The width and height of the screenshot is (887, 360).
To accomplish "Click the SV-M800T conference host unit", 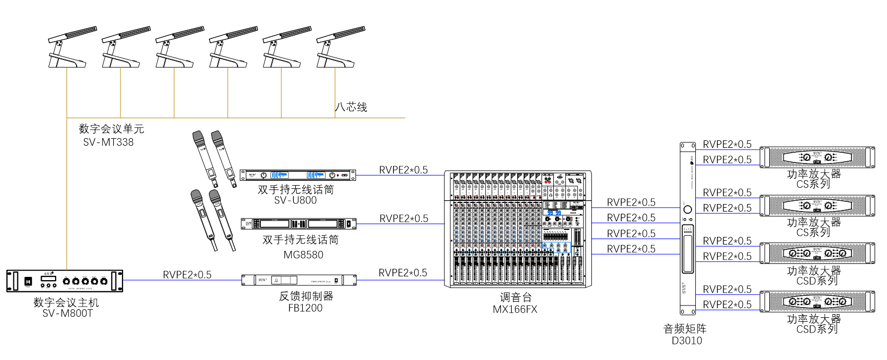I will click(x=65, y=281).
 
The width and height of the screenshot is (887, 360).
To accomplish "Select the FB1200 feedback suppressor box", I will click(x=299, y=280).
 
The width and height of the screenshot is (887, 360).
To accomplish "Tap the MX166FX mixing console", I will click(x=518, y=229).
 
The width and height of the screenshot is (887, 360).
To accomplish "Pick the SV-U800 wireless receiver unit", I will click(x=297, y=175).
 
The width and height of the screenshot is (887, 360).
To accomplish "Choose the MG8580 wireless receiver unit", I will click(x=298, y=223).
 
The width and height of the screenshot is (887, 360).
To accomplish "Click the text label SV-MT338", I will click(x=109, y=142).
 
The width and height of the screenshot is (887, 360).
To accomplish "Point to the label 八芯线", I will click(x=351, y=107).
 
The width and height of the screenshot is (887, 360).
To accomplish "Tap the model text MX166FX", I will click(x=515, y=310).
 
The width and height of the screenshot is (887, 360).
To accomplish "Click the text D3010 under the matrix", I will click(x=687, y=341).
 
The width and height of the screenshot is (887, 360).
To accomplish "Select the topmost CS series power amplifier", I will click(x=817, y=158).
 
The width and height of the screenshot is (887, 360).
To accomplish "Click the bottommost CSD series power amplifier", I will click(x=817, y=302).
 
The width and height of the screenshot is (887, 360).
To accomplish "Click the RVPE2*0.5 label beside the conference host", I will click(x=187, y=275).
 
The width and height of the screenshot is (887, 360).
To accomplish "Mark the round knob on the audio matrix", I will click(x=687, y=209).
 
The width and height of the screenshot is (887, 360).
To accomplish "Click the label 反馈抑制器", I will click(x=306, y=296).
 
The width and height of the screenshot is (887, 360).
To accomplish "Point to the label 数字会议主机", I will click(x=66, y=302).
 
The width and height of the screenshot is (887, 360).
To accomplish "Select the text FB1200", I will click(x=305, y=308).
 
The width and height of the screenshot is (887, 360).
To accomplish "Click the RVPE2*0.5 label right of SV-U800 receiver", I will click(x=403, y=170).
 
